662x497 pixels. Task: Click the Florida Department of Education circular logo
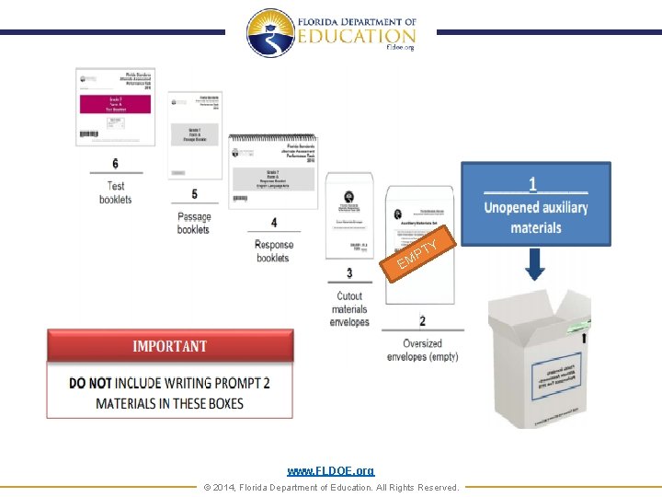(270, 33)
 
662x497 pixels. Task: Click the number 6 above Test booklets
(115, 164)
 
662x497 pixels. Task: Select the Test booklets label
(116, 192)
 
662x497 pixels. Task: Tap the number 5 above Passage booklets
(194, 194)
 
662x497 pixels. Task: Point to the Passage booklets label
(194, 224)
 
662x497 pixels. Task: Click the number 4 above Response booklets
(273, 223)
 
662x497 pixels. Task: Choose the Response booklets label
(273, 251)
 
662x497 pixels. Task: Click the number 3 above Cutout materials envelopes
(349, 273)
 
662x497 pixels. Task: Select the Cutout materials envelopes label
(350, 309)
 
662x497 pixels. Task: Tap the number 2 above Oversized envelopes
(422, 321)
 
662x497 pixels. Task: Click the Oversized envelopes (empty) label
(422, 351)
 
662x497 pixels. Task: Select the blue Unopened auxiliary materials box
(536, 203)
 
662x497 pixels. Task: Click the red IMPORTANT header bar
(170, 347)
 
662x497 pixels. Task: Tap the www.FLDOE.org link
(330, 471)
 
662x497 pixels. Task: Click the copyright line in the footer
(330, 487)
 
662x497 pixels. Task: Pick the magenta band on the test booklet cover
(115, 103)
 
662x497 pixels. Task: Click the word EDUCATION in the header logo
(356, 36)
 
